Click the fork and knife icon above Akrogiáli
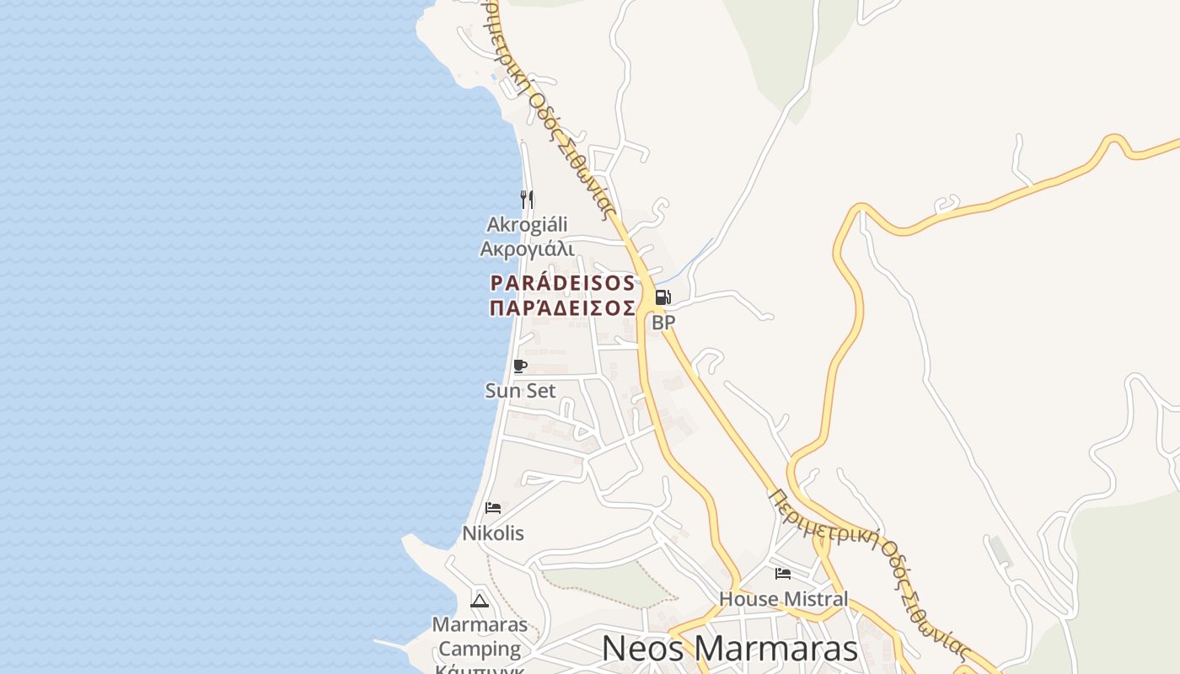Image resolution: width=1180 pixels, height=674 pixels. click(x=527, y=199)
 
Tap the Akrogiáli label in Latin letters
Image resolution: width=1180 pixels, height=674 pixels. click(x=527, y=225)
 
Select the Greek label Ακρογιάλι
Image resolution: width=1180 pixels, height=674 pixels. click(x=527, y=249)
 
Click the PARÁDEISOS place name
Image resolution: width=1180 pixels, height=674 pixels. click(x=562, y=283)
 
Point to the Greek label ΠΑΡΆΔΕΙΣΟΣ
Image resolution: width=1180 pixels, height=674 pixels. click(x=562, y=308)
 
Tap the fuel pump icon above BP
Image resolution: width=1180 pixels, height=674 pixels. click(x=662, y=297)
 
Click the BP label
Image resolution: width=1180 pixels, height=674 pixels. click(x=663, y=322)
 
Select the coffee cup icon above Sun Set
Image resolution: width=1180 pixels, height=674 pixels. click(x=520, y=366)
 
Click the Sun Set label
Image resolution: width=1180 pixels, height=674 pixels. click(x=520, y=391)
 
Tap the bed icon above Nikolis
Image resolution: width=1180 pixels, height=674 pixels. click(x=493, y=507)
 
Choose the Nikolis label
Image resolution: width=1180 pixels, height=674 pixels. click(x=493, y=533)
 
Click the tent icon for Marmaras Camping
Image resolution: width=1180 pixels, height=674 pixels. click(x=480, y=601)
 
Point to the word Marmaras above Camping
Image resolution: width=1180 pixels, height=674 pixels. click(x=480, y=625)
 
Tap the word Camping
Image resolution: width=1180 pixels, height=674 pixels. click(x=480, y=649)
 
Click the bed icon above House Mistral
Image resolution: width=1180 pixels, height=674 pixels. click(x=783, y=574)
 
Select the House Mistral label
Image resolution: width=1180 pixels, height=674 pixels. click(x=783, y=599)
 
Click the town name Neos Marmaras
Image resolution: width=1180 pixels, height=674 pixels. click(x=730, y=649)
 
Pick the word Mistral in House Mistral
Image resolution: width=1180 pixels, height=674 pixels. click(x=815, y=599)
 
